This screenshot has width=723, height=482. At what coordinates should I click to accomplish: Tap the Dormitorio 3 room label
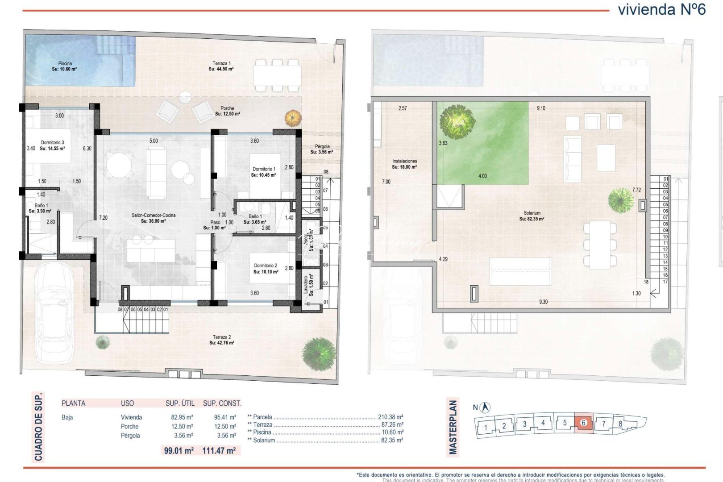[52, 145]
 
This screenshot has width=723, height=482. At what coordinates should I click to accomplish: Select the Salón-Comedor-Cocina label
[153, 218]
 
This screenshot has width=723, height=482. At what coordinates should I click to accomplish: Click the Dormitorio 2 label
[266, 268]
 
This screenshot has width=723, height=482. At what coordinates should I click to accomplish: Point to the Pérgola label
[322, 149]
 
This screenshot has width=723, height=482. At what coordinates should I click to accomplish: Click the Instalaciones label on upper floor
[404, 164]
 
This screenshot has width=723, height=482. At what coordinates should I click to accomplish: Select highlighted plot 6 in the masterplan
[584, 423]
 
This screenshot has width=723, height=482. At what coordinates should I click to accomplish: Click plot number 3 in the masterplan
[524, 424]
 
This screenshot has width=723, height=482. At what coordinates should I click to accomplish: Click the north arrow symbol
[486, 407]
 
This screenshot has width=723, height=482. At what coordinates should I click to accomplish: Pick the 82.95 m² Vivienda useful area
[179, 417]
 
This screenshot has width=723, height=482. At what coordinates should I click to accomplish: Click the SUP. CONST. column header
[222, 403]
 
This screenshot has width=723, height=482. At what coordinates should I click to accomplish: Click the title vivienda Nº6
[661, 10]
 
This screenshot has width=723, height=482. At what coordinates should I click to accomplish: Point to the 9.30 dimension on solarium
[543, 302]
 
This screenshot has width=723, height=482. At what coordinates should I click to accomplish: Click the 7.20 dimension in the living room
[103, 218]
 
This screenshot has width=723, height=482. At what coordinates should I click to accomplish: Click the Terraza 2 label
[222, 340]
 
